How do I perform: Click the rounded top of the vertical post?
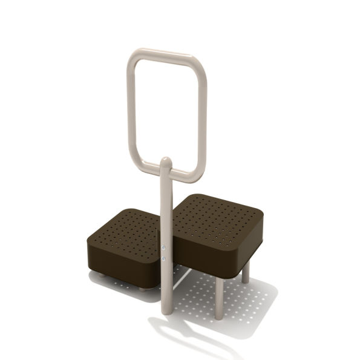point(166,162)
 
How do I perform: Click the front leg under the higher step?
point(218,297)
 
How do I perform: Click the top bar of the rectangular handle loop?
point(163,56)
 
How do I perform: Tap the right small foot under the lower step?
point(143,287)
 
